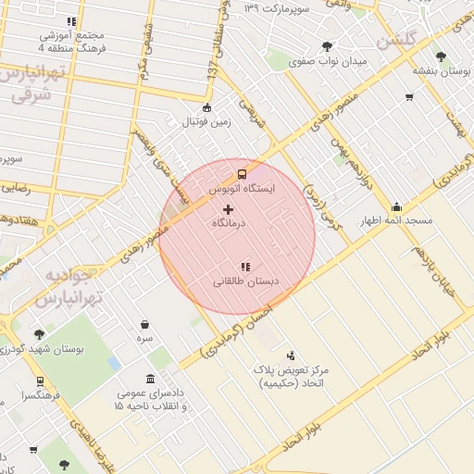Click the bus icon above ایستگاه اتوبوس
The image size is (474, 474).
[x=243, y=173]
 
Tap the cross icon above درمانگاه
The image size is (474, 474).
[x=229, y=210]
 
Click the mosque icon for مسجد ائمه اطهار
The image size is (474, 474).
[x=397, y=206]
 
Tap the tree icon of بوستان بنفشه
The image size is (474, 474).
[x=440, y=56]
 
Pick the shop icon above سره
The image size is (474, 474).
[x=145, y=325]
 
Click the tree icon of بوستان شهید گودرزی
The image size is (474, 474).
[x=38, y=335]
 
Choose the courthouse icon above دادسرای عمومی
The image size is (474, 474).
[x=150, y=378]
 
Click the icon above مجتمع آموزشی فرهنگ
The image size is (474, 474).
[x=71, y=22]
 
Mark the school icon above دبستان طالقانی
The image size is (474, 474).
[x=245, y=267]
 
